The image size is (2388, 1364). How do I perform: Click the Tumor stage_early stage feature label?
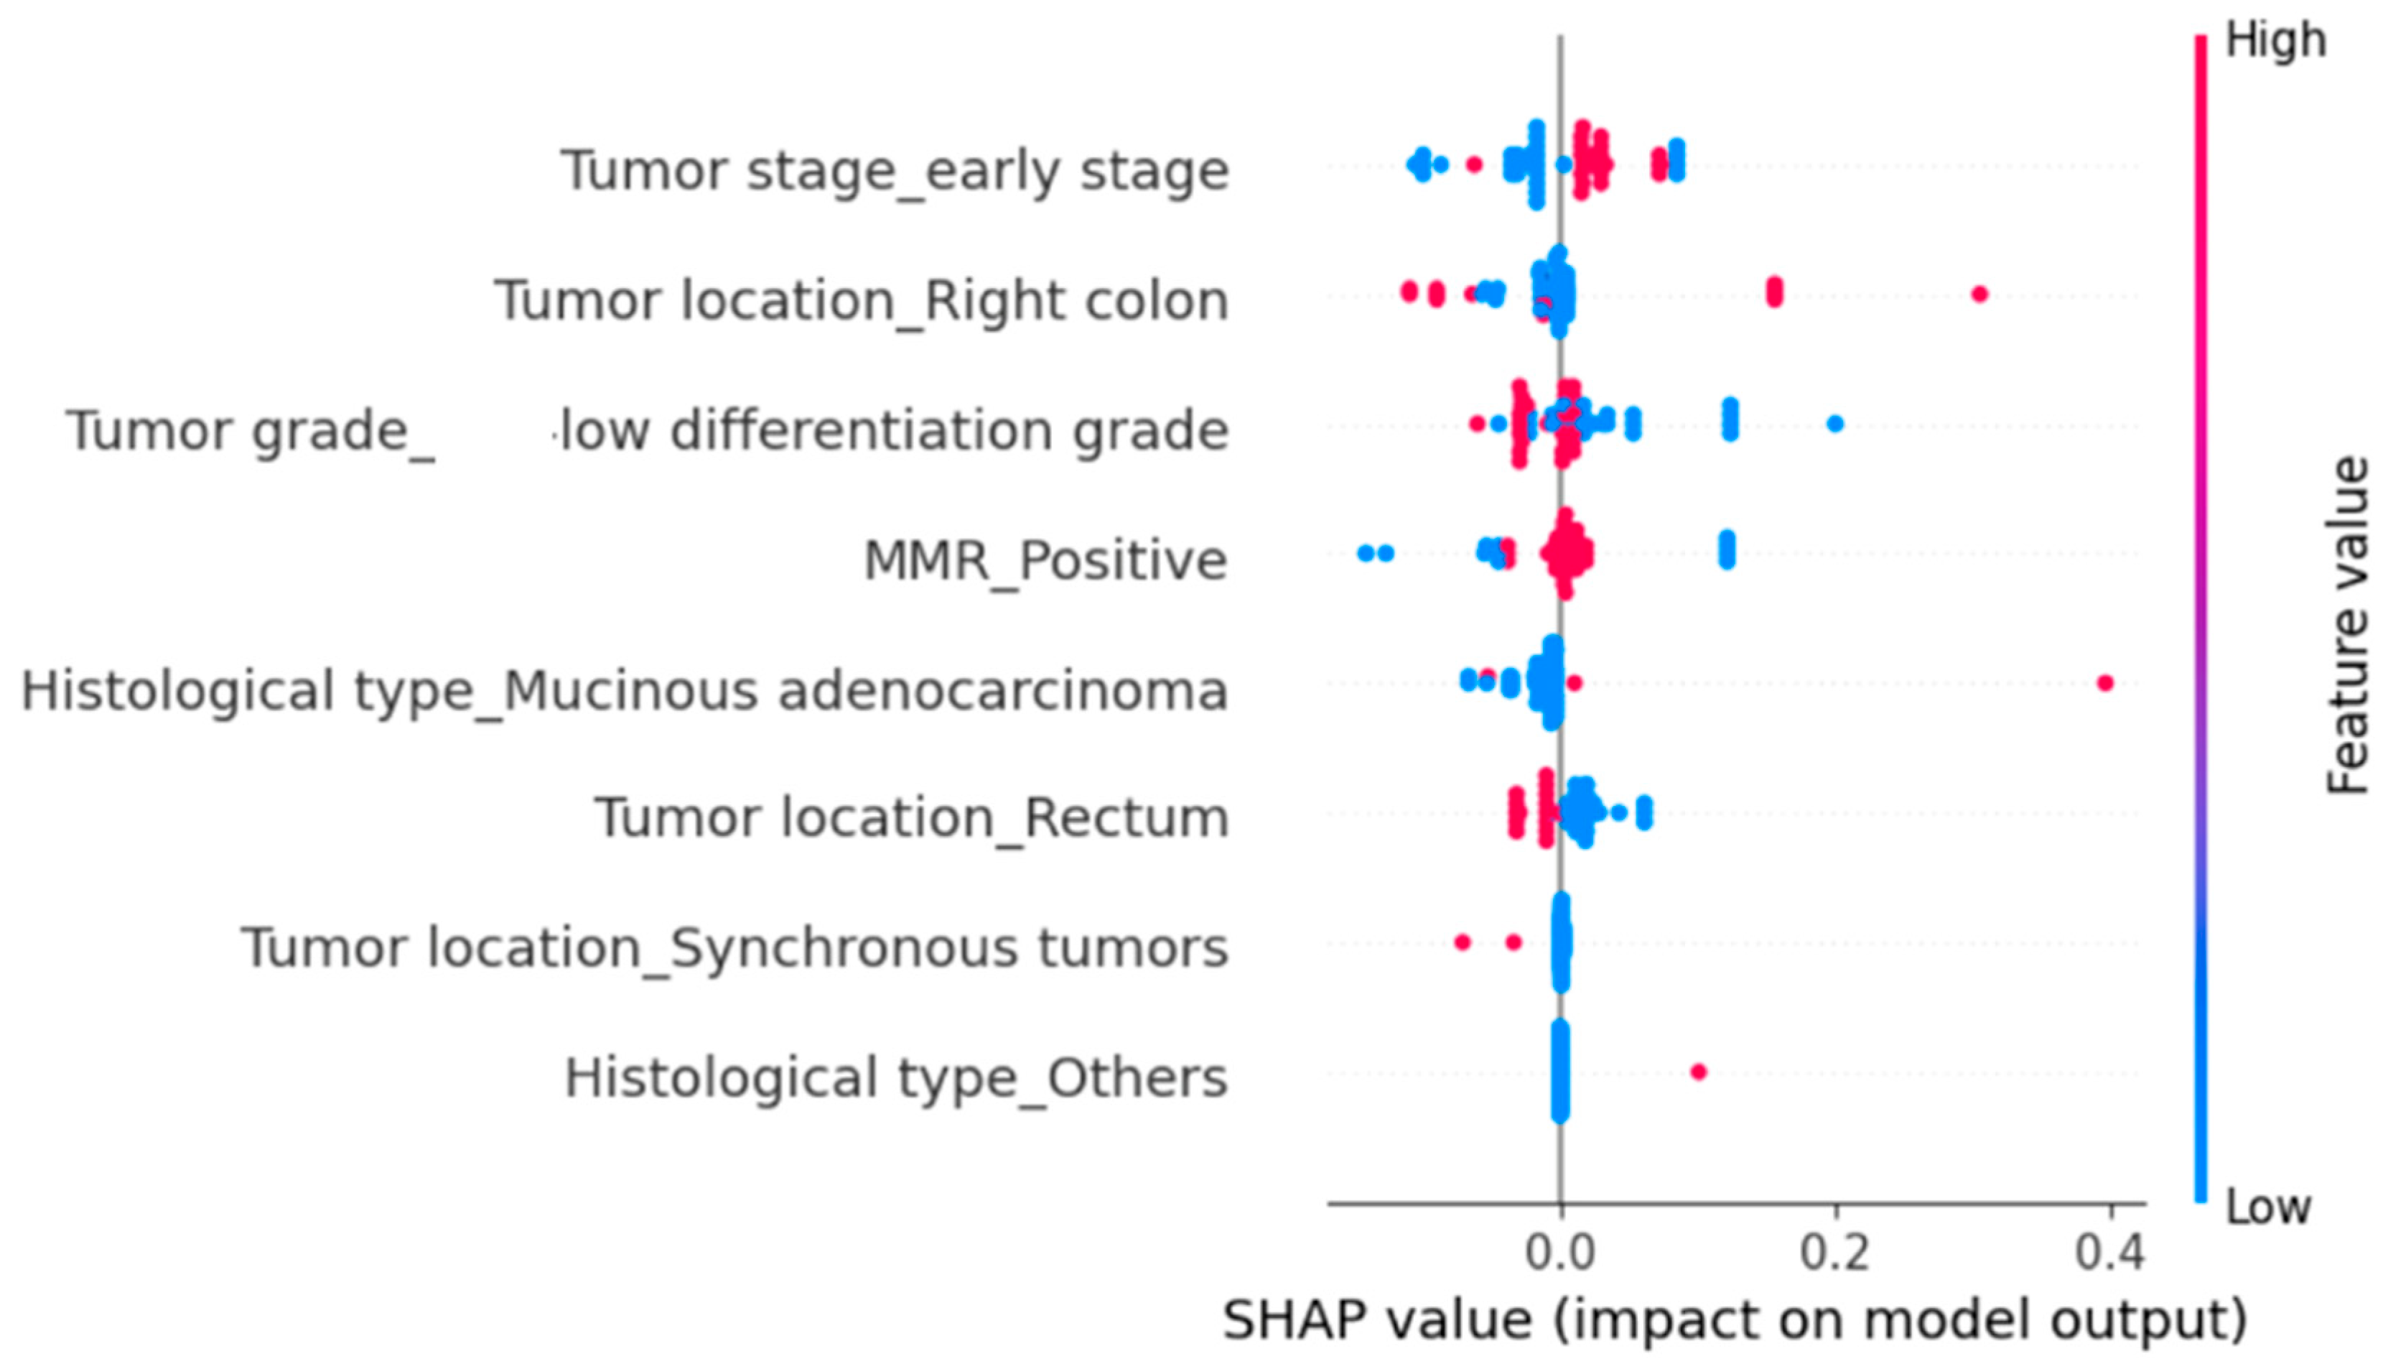[895, 170]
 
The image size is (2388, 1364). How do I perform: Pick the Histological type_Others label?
[895, 1077]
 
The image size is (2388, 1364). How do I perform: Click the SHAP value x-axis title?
[1735, 1321]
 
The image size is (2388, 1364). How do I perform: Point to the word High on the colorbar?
[2275, 41]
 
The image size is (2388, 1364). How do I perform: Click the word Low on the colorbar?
[2269, 1207]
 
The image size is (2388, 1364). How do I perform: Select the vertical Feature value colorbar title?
[2348, 626]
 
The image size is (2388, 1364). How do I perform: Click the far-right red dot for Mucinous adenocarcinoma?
[2105, 683]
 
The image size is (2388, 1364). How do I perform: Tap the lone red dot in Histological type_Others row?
[1699, 1072]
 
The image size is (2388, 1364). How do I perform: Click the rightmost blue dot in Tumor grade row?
[1835, 424]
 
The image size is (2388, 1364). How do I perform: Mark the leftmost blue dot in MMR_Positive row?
[1366, 553]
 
